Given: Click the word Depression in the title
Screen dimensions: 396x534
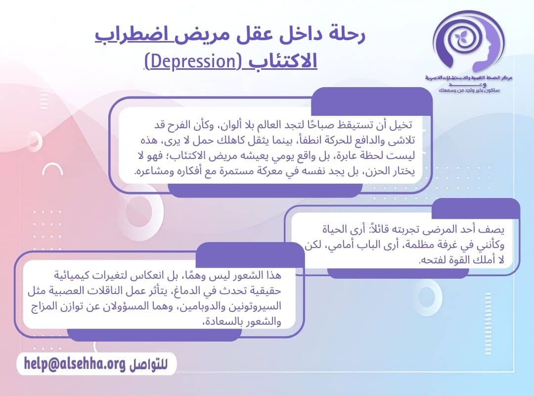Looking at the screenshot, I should click(191, 63).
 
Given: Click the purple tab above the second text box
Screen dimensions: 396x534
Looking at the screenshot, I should click(475, 209).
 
